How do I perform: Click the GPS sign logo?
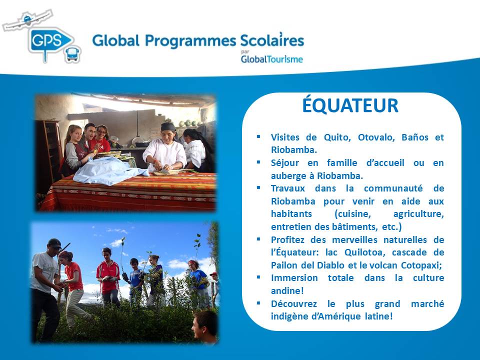pos(49,42)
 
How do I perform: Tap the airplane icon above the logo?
pos(27,20)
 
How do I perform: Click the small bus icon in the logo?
pos(72,54)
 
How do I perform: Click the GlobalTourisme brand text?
pos(272,59)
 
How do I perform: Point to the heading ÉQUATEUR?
pos(350,105)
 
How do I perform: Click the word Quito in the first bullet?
pos(336,137)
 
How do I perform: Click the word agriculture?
pos(418,214)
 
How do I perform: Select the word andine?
pos(287,290)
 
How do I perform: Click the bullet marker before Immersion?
pos(258,277)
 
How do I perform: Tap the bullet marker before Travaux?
pos(258,187)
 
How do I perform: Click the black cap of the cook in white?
pos(168,126)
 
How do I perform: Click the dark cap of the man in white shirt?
pos(54,243)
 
